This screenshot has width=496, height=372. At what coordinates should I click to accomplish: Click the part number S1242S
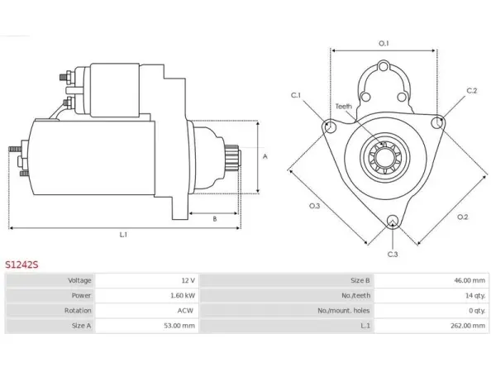21,265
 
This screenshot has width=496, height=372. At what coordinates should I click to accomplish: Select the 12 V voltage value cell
188,280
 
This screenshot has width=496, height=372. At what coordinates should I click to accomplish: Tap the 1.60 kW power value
183,295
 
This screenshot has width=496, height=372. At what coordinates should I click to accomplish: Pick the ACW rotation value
185,310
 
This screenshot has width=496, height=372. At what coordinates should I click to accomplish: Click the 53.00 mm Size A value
179,326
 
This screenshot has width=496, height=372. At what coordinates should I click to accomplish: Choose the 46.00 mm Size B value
470,280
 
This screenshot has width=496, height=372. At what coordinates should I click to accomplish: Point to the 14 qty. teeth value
475,295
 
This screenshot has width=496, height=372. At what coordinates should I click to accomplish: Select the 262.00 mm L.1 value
468,326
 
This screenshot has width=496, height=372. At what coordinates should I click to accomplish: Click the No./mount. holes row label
344,311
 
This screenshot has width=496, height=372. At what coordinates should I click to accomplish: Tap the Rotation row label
78,310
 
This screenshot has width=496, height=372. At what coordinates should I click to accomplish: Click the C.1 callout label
296,95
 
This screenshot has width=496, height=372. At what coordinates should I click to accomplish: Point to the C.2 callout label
472,91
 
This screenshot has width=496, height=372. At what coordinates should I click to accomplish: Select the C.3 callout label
393,255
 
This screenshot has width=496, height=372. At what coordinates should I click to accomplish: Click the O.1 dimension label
384,43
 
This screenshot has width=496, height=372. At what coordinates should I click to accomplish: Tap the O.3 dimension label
314,206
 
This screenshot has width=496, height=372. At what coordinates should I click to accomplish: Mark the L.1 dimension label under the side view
123,235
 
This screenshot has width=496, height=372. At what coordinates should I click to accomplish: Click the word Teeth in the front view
344,107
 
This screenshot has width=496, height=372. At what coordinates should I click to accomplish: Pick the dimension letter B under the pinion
215,219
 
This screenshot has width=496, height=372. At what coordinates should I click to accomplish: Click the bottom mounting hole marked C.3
393,221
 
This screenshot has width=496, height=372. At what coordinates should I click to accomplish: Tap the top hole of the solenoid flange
384,67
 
